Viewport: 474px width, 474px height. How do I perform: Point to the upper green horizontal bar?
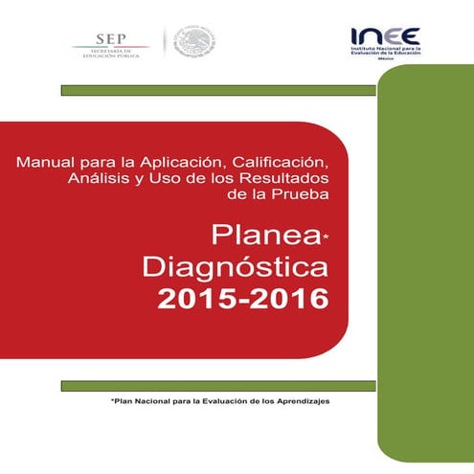click(217, 90)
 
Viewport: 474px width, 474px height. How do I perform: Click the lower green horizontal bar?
click(217, 385)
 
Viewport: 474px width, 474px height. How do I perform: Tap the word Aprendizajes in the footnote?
click(298, 402)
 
